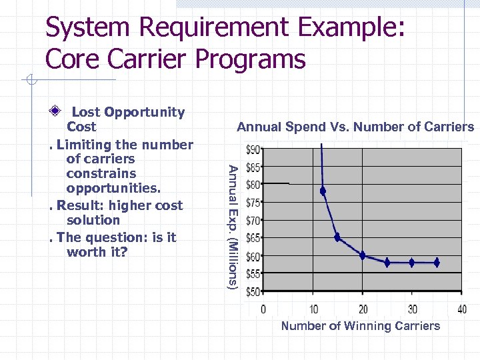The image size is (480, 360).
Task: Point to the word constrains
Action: tap(101, 173)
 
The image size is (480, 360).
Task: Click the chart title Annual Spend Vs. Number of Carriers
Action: tap(355, 127)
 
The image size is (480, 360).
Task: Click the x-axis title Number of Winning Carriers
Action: tap(361, 326)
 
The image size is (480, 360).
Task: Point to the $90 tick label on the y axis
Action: tap(253, 149)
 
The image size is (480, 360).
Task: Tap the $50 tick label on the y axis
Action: tap(253, 291)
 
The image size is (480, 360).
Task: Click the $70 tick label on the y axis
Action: tap(253, 220)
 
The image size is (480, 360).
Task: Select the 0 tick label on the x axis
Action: tap(263, 309)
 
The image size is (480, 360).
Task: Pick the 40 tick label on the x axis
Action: tap(461, 309)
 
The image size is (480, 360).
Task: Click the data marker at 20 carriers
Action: tap(363, 255)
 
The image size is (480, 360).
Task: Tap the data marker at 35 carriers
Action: tap(437, 263)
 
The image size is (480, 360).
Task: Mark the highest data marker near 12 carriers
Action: tap(323, 191)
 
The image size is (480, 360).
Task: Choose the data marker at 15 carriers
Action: tap(337, 237)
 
